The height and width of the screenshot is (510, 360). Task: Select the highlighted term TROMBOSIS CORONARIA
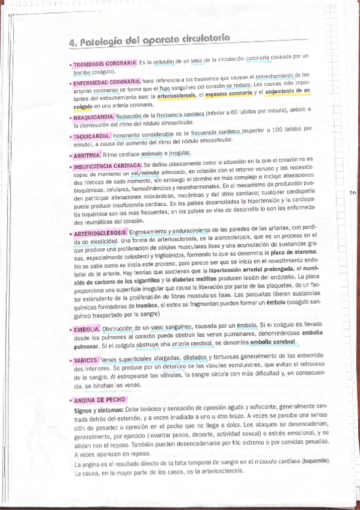pos(106,63)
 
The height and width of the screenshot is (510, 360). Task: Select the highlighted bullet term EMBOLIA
pos(87,330)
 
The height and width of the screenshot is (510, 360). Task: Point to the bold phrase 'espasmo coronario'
pos(228,93)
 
